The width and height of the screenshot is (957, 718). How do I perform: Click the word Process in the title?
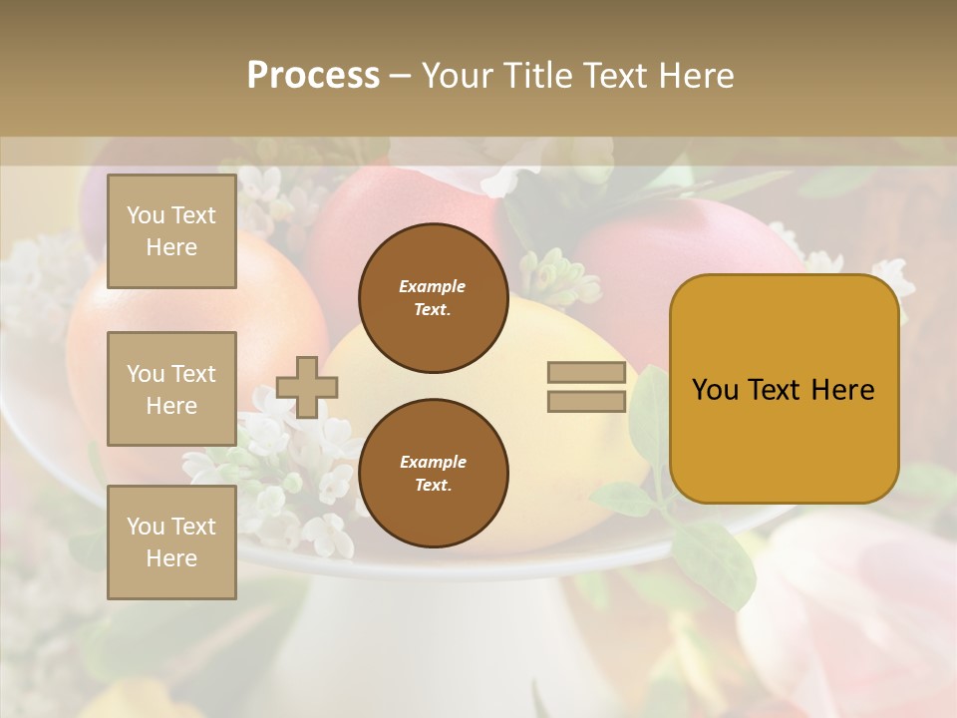(313, 76)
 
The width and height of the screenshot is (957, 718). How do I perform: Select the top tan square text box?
(171, 231)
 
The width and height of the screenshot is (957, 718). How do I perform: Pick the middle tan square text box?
(171, 389)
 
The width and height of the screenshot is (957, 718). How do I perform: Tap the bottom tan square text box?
(171, 542)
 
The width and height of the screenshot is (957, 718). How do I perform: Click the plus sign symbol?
(307, 387)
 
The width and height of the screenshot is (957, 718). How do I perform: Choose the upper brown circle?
(433, 298)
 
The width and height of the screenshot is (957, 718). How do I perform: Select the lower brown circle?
(433, 473)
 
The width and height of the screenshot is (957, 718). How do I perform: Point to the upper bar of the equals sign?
(586, 373)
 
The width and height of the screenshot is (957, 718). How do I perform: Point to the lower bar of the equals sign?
(586, 402)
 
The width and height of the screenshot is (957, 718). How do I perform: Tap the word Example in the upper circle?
(432, 286)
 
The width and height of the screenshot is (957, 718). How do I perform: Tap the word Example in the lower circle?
(433, 462)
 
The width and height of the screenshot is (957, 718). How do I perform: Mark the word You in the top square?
(146, 215)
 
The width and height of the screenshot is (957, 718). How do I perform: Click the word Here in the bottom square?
(171, 558)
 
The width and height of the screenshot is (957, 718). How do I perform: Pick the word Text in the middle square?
(193, 374)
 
